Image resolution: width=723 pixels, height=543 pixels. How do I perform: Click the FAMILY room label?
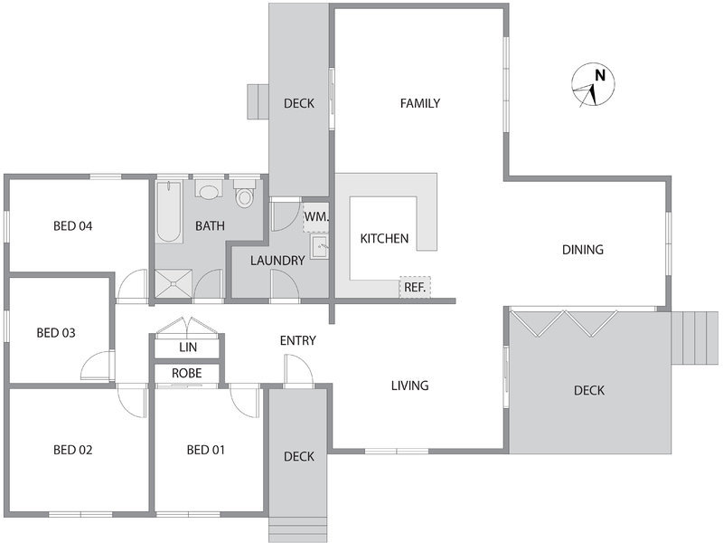tap(420, 103)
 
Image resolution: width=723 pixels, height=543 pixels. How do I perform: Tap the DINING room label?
tap(583, 250)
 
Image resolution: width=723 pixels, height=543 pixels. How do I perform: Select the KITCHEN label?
tap(384, 239)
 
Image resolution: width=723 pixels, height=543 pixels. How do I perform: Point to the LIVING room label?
tap(410, 386)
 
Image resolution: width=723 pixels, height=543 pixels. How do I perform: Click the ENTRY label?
tap(298, 341)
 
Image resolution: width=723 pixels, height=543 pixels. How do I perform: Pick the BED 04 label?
tap(73, 225)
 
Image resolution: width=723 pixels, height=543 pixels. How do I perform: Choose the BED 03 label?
tap(56, 333)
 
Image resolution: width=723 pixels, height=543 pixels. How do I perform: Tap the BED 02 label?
tap(73, 450)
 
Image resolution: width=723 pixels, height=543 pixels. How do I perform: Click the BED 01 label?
tap(206, 450)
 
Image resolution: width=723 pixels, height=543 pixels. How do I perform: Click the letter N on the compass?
tap(600, 75)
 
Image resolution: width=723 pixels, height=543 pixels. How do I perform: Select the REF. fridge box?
tap(415, 287)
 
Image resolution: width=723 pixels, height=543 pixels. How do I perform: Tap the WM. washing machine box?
tap(315, 216)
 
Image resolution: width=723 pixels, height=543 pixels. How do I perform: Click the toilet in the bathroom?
tap(244, 194)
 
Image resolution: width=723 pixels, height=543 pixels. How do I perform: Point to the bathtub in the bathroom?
tap(168, 212)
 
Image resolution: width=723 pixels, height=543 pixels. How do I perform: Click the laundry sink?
tap(319, 246)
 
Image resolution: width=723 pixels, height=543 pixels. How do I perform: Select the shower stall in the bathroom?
tap(174, 283)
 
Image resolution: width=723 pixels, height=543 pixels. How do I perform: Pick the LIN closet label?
tap(188, 348)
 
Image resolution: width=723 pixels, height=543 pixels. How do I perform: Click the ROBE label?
tap(187, 373)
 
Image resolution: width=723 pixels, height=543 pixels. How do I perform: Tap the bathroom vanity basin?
tap(209, 190)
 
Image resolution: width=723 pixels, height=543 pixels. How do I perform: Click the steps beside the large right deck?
tap(694, 338)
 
